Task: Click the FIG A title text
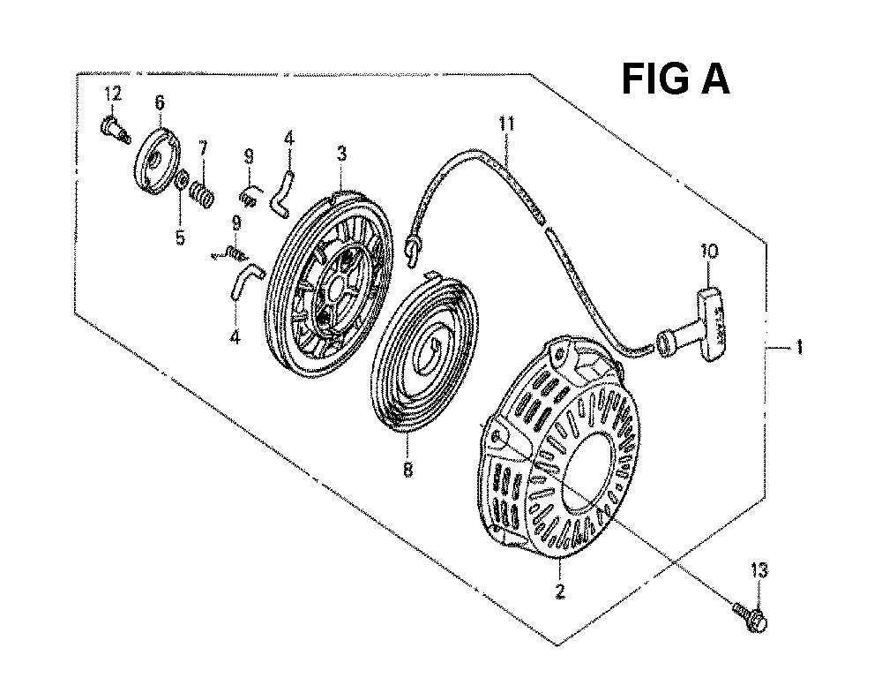[x=675, y=80]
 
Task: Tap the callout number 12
[x=111, y=93]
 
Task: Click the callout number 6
[x=160, y=103]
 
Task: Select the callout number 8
[x=407, y=469]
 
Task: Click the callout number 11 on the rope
[x=506, y=124]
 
